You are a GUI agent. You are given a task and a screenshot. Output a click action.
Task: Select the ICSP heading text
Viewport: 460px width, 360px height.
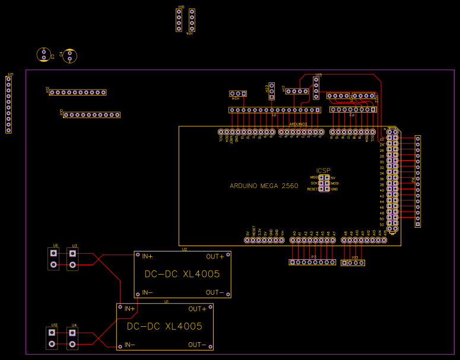[323, 171]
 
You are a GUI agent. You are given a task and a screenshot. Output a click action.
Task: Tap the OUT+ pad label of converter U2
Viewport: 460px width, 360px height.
[215, 257]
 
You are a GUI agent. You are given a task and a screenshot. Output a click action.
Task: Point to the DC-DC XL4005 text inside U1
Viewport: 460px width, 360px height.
[164, 327]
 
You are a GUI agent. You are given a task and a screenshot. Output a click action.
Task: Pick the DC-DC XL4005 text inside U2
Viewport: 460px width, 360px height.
[182, 275]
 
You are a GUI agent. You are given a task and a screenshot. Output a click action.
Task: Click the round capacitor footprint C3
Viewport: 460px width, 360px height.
[43, 55]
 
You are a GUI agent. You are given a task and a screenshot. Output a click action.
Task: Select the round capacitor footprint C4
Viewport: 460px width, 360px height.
[70, 56]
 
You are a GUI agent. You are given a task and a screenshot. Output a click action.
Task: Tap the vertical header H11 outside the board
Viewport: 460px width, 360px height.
[8, 104]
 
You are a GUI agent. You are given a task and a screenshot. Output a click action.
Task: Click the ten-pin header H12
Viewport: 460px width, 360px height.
[78, 93]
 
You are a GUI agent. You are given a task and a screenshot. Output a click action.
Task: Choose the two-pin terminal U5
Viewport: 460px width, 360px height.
[53, 259]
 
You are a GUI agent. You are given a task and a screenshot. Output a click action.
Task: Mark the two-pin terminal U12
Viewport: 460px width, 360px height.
[52, 338]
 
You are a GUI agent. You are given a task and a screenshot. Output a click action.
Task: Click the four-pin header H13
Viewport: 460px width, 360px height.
[353, 262]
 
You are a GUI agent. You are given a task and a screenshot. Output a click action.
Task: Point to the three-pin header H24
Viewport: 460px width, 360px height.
[237, 94]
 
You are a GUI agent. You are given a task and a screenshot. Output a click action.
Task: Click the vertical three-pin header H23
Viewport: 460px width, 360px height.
[272, 90]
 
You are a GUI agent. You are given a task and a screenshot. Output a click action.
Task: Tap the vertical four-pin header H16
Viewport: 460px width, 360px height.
[179, 20]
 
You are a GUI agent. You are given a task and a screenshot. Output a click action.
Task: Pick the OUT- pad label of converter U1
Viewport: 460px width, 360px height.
[198, 345]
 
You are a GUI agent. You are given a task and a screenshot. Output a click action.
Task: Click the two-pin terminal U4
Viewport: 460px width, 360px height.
[72, 338]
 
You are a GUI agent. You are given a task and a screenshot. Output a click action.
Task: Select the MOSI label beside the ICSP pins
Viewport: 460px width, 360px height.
[335, 184]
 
